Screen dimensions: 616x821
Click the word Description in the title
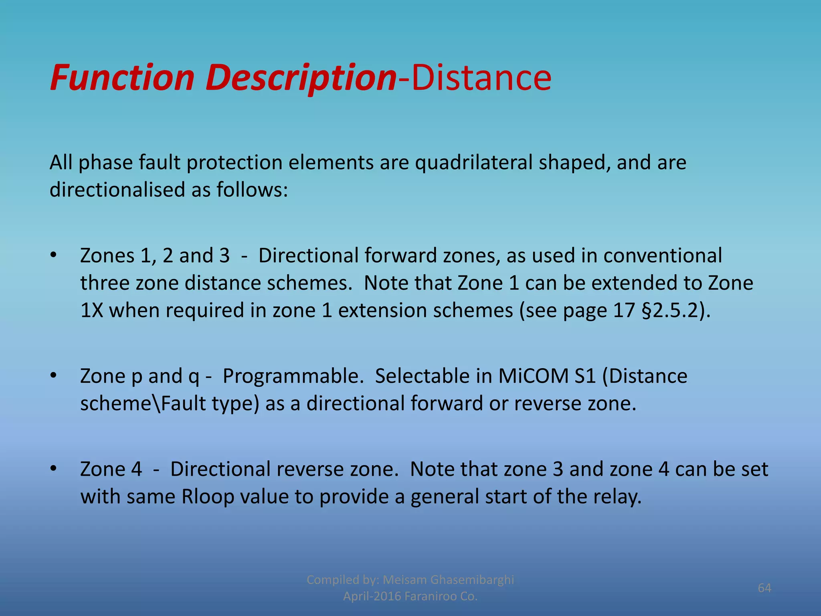coord(301,78)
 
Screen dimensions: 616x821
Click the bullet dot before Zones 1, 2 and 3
coord(53,255)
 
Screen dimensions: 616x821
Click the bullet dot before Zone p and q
coord(53,376)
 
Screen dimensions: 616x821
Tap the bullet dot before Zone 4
coord(53,469)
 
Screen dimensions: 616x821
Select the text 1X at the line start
coord(91,311)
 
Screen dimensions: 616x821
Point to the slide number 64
coord(764,588)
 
